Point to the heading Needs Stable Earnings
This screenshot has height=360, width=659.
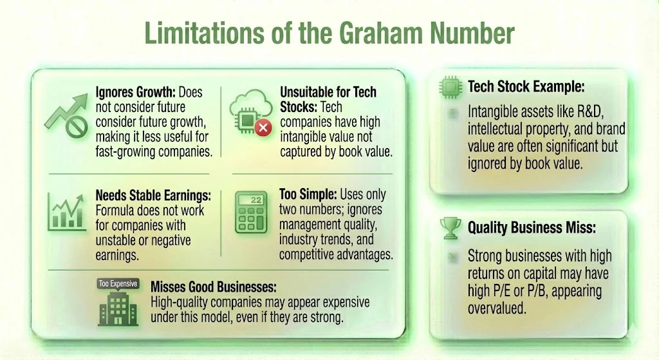click(152, 195)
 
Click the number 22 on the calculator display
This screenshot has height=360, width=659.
click(256, 200)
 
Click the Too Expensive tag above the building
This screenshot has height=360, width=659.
click(117, 283)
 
